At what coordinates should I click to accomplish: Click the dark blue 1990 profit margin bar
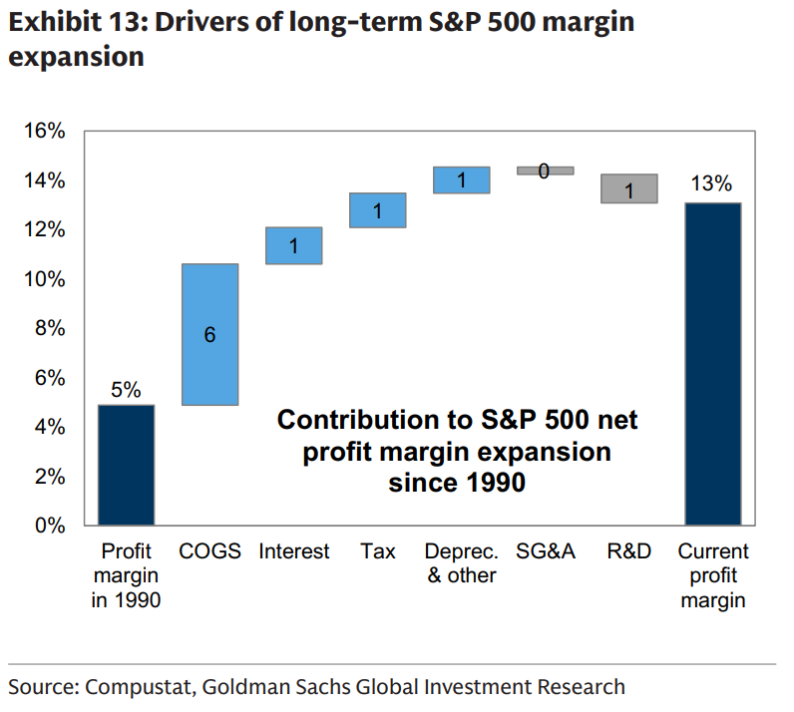(x=126, y=465)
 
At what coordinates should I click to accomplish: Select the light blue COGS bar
(x=209, y=334)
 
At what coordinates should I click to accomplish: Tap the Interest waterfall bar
(x=293, y=245)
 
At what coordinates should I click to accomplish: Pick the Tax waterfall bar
(x=377, y=210)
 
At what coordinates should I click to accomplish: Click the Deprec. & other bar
(x=461, y=179)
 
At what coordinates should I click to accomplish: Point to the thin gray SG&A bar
(x=545, y=171)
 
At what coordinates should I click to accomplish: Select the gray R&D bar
(x=628, y=188)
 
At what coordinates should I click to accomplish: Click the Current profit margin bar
(x=712, y=364)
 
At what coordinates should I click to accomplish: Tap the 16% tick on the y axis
(x=44, y=132)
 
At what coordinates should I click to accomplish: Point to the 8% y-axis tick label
(x=48, y=328)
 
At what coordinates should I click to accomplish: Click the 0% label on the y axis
(x=48, y=526)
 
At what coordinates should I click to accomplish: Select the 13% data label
(x=712, y=183)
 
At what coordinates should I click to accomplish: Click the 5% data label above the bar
(x=126, y=389)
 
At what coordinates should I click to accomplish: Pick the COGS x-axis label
(x=209, y=551)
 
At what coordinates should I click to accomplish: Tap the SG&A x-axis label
(x=546, y=551)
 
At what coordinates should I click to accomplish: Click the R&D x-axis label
(x=628, y=551)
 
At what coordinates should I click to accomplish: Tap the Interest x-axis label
(x=293, y=551)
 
